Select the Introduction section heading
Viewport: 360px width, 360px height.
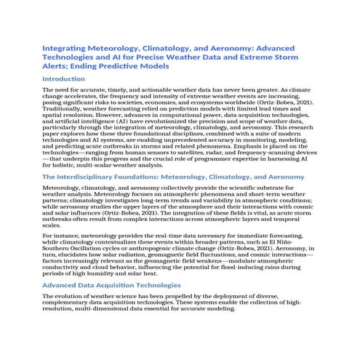tap(65, 78)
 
